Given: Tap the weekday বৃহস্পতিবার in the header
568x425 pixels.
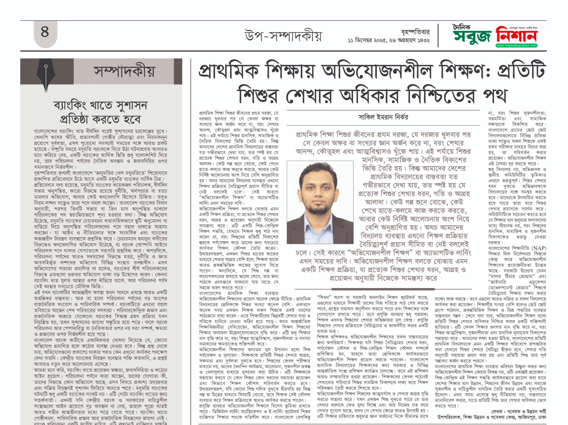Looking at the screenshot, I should pos(415,32).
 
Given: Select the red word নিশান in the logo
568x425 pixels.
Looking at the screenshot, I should pos(516,35).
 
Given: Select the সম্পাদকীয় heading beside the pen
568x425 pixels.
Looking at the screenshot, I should pos(124,72).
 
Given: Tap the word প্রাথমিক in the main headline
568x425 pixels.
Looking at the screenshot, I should pos(229,71).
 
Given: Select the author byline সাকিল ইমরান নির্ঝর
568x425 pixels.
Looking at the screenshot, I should pos(383,117).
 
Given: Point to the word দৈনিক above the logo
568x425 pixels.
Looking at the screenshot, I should pos(462,27).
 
